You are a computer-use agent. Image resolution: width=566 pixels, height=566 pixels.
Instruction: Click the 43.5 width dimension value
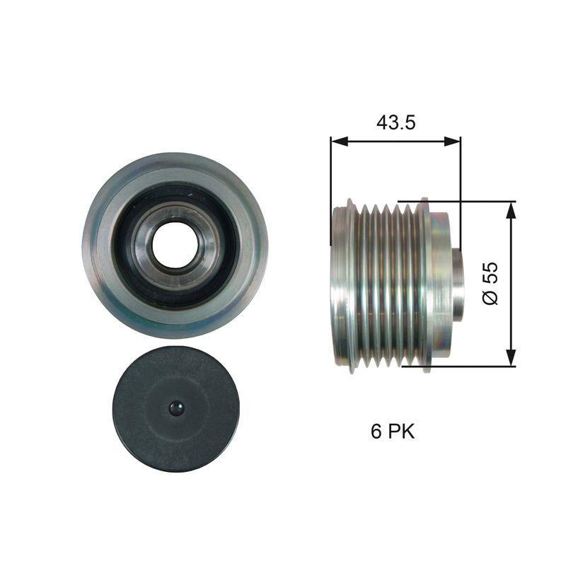395,122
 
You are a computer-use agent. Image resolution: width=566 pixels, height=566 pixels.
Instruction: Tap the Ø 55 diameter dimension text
490,283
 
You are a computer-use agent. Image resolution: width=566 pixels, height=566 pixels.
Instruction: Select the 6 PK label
393,432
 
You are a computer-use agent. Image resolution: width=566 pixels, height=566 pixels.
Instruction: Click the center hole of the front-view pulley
173,245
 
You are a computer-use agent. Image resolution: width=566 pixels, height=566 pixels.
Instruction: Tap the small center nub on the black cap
175,408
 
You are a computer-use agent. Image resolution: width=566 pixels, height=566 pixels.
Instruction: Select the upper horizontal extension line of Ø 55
460,202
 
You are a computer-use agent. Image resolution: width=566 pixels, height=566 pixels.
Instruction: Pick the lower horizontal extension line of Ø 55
460,366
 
